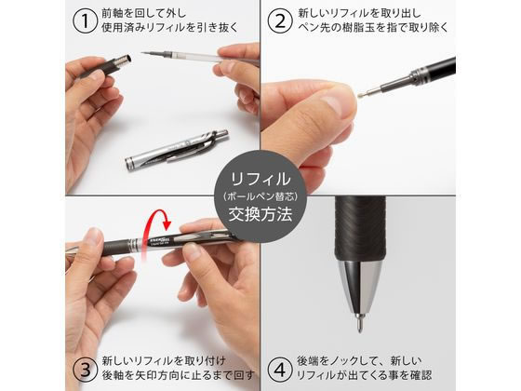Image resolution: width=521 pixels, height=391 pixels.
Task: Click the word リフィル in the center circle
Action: (260, 176)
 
